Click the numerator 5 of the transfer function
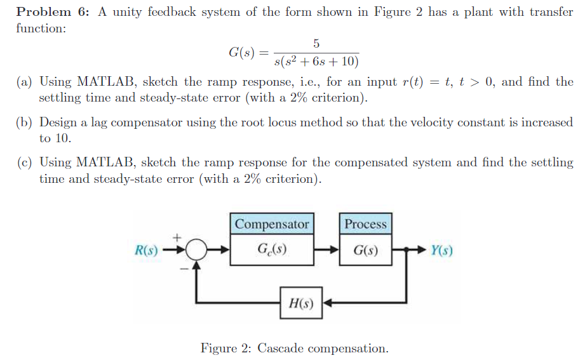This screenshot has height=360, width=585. click(x=316, y=43)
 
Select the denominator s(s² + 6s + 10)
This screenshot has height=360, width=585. click(x=316, y=62)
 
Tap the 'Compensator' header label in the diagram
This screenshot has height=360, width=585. click(x=272, y=224)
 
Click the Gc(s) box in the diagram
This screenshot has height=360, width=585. click(x=272, y=249)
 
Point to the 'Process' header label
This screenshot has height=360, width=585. click(x=365, y=224)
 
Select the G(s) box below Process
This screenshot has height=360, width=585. click(x=365, y=250)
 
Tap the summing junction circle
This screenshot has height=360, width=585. click(x=197, y=250)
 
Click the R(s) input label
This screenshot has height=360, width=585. click(x=147, y=250)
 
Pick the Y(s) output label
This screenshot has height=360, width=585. click(x=441, y=250)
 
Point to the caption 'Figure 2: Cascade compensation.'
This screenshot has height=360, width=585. click(x=294, y=348)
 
